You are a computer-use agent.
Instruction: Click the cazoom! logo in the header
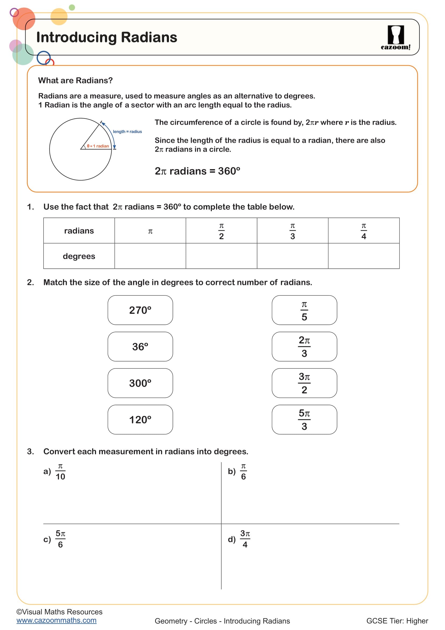[x=395, y=38]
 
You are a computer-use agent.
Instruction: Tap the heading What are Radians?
[x=75, y=80]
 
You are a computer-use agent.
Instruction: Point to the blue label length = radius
[x=128, y=131]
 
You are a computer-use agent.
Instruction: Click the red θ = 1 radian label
[x=98, y=146]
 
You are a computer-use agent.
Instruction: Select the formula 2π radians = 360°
[x=197, y=171]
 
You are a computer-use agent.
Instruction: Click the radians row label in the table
[x=79, y=231]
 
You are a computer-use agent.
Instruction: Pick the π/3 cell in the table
[x=292, y=231]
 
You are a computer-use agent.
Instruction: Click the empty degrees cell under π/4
[x=364, y=256]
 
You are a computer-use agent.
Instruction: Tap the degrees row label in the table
[x=79, y=256]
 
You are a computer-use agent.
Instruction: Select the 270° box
[x=140, y=310]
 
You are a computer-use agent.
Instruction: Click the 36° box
[x=140, y=347]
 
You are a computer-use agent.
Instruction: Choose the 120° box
[x=140, y=420]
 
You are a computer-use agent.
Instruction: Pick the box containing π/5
[x=304, y=310]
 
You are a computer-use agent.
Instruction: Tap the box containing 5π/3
[x=304, y=420]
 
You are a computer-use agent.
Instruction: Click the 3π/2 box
[x=304, y=383]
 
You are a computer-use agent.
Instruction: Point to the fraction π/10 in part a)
[x=60, y=471]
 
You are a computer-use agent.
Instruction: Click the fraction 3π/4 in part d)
[x=245, y=539]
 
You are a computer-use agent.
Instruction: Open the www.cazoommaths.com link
[x=56, y=620]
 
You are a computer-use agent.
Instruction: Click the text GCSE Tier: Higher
[x=397, y=621]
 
